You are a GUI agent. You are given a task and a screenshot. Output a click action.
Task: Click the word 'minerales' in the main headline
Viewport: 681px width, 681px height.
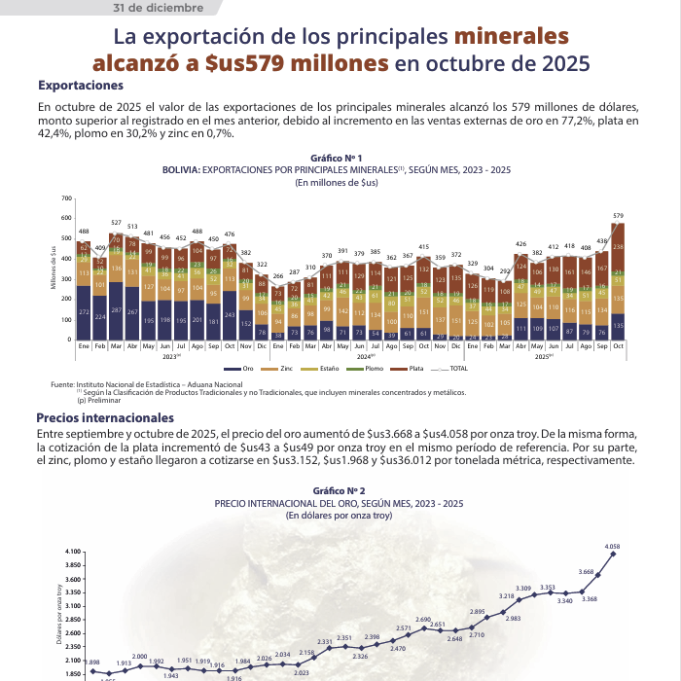coord(511,38)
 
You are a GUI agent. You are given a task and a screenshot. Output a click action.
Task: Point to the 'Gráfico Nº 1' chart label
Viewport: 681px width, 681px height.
coord(336,158)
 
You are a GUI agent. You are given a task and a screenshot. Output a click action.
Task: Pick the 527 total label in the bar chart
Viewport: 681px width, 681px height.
coord(116,224)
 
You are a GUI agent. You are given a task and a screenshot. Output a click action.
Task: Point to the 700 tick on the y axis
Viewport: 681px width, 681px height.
coord(40,198)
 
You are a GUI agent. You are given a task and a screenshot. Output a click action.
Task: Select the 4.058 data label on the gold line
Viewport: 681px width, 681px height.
coord(612,546)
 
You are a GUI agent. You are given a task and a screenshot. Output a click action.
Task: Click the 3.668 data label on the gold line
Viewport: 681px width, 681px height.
coord(586,572)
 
